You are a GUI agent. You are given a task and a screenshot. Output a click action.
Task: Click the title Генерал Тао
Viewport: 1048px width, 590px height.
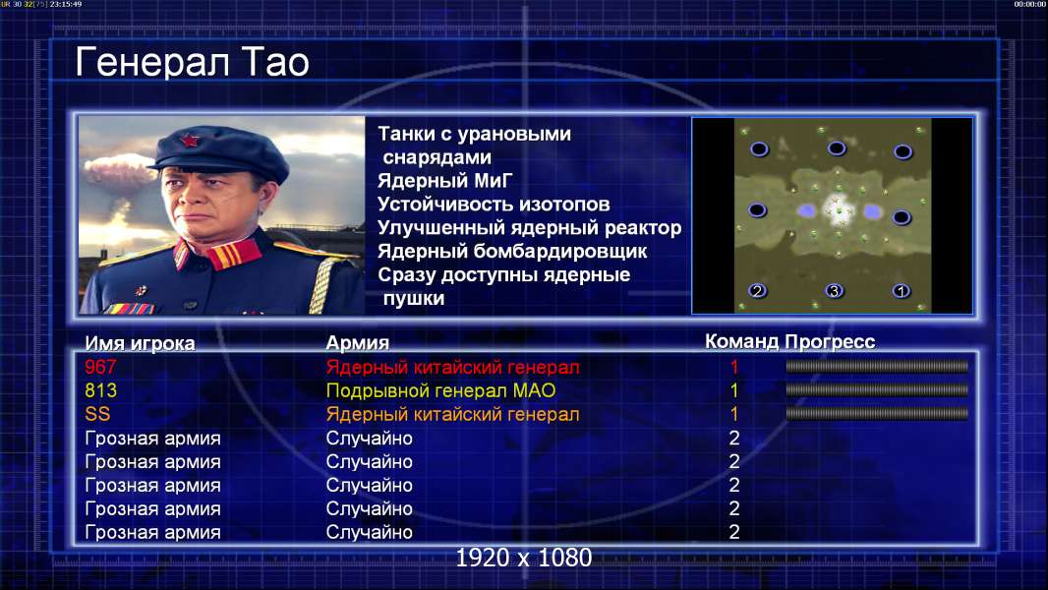coord(193,62)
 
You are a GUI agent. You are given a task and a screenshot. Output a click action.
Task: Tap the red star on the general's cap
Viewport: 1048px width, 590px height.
coord(189,141)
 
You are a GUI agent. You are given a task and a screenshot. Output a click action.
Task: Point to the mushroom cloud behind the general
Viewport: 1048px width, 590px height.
coord(119,171)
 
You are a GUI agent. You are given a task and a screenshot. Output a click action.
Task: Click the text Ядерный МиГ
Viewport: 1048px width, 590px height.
coord(444,181)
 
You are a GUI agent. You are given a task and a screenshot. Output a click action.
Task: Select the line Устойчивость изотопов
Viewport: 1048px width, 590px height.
coord(494,205)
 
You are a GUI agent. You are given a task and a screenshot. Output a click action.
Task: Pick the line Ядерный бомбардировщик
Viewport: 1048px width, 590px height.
coord(512,252)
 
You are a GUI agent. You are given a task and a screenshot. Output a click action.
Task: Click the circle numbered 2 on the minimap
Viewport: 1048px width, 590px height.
coord(757,291)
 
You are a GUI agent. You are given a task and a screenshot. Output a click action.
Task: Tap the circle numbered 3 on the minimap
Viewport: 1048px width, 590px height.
coord(834,291)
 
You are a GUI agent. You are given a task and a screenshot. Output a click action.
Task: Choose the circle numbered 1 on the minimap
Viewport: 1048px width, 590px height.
coord(901,291)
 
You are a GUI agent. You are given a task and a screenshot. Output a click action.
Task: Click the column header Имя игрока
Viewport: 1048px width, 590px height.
coord(140,343)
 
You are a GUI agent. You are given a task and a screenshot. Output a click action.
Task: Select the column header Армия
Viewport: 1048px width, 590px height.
coord(358,343)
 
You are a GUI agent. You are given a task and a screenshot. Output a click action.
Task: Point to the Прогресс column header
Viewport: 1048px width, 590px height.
coord(830,342)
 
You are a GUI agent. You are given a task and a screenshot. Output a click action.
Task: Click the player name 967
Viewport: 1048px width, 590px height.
coord(100,367)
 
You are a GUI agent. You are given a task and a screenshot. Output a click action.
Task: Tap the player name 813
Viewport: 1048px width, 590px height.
coord(100,390)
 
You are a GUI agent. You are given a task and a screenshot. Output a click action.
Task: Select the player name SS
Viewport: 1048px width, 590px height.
coord(97,414)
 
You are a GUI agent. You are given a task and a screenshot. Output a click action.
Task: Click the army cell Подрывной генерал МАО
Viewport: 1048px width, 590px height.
coord(441,391)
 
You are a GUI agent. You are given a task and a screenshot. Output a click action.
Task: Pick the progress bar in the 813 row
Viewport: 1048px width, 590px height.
coord(877,389)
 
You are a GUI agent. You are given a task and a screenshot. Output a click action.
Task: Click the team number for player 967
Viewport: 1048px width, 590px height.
coord(733,367)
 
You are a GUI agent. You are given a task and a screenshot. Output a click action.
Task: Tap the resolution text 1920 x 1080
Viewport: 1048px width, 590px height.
coord(524,558)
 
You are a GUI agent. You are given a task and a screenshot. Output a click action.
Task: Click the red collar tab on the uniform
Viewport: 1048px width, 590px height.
coord(233,254)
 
